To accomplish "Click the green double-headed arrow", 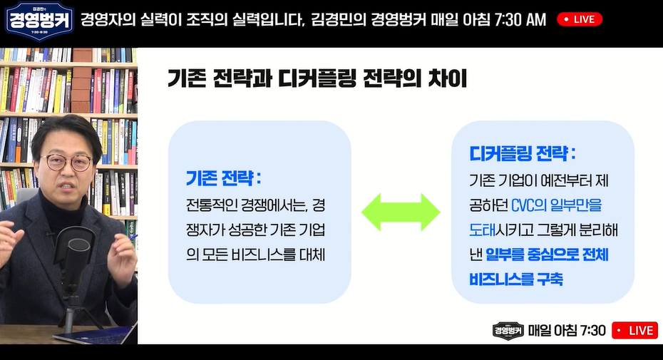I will coord(401,212).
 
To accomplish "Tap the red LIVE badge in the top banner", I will coord(579,19).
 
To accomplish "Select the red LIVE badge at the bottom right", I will coord(635,330).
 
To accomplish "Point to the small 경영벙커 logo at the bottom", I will coord(508,331).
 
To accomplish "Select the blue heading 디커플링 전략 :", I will coord(522,153).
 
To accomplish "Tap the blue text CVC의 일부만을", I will coord(557,205).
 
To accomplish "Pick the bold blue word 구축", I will coord(549,279).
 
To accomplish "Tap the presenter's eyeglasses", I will coord(68,162).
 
